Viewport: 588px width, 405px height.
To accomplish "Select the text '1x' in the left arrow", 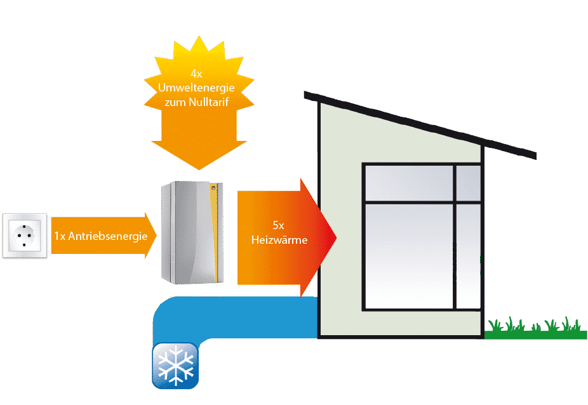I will click(x=59, y=236).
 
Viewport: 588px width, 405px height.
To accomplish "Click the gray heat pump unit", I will click(x=187, y=235).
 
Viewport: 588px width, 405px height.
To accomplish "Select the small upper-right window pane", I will click(x=468, y=182).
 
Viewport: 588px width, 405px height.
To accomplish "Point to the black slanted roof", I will click(x=419, y=124).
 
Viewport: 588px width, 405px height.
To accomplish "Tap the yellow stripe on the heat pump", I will click(x=217, y=235).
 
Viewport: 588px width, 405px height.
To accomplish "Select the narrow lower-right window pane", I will click(x=468, y=255).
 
